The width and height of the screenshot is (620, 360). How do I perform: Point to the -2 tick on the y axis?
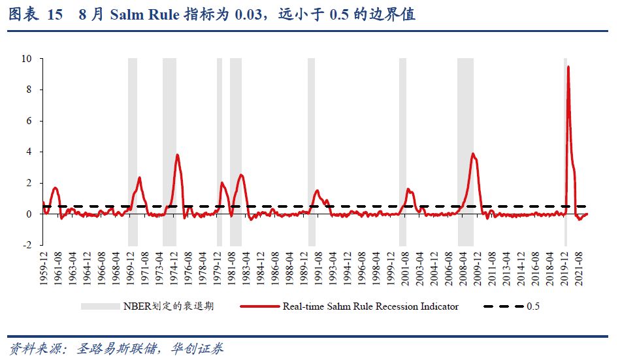28,245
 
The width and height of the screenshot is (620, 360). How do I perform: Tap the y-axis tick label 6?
29,121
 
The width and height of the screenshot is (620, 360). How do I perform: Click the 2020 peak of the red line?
568,67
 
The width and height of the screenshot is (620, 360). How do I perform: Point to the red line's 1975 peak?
177,155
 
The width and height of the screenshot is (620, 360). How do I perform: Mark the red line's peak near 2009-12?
473,154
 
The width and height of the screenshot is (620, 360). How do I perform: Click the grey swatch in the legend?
100,306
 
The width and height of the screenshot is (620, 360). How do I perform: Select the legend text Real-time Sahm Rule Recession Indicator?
370,306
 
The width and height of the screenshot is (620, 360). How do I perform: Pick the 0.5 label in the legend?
533,306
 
